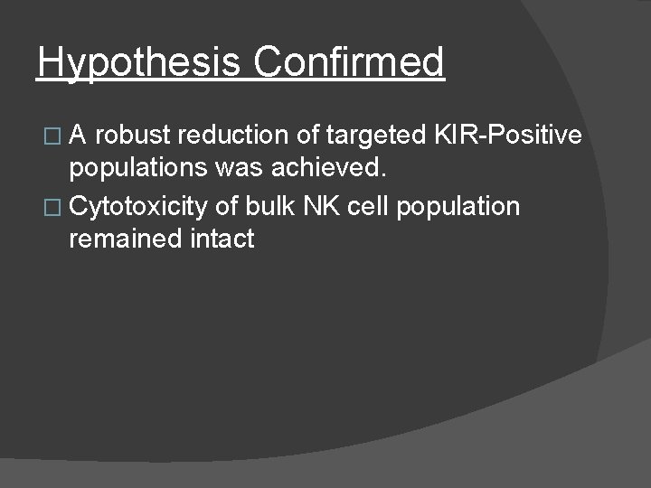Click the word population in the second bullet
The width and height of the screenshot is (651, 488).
pos(458,207)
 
